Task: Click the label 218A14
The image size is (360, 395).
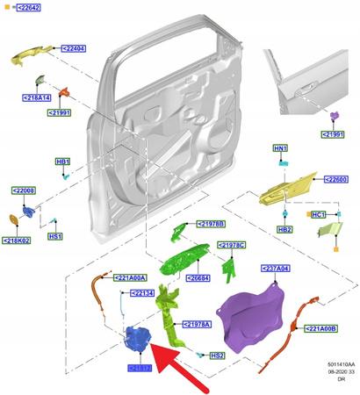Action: [x=36, y=97]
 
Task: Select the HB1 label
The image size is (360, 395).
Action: [x=63, y=162]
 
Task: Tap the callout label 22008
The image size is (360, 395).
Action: [x=23, y=190]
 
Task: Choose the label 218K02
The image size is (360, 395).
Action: [x=18, y=241]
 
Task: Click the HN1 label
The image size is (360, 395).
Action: [x=280, y=148]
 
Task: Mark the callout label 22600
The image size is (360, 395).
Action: [x=337, y=179]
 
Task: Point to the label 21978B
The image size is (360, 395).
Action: [x=211, y=224]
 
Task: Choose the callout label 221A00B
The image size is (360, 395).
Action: [x=323, y=329]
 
